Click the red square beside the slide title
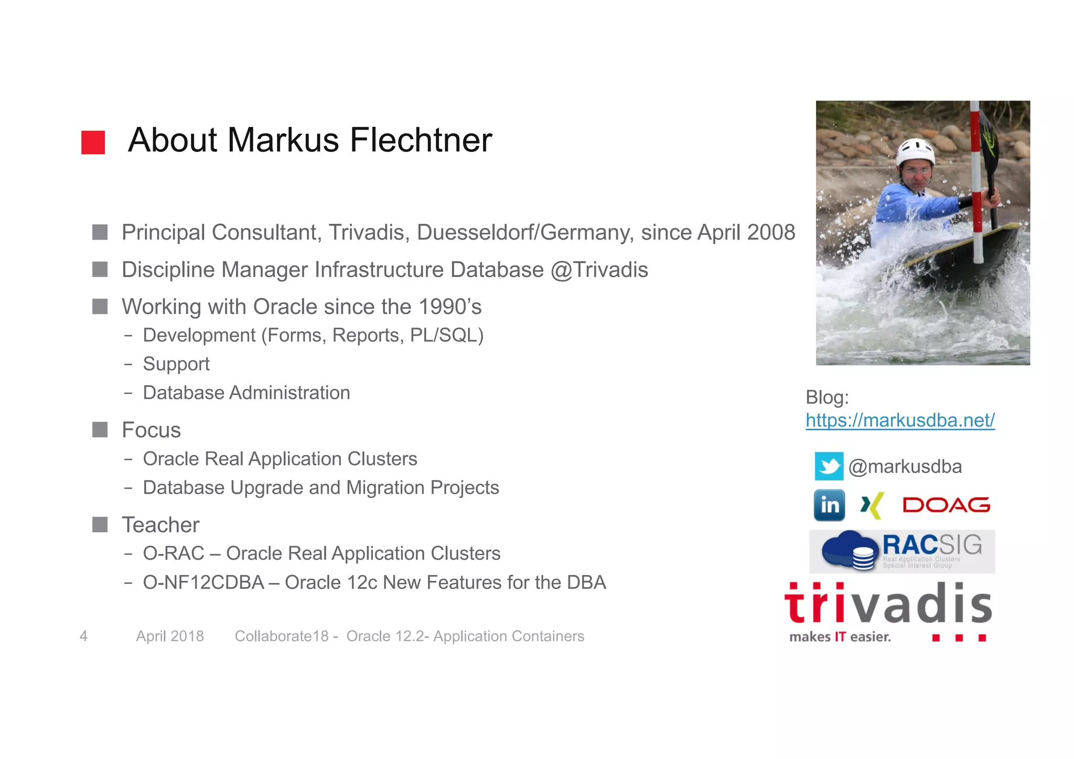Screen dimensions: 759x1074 click(93, 142)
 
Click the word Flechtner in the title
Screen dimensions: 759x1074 click(421, 140)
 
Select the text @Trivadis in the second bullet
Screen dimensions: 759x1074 click(599, 270)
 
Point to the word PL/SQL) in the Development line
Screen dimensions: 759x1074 click(447, 335)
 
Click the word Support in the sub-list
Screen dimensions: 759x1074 click(176, 364)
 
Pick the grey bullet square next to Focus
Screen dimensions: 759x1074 click(100, 430)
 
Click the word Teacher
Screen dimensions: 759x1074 click(160, 525)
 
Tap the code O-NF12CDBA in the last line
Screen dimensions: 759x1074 click(203, 582)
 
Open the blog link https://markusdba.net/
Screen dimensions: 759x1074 click(900, 420)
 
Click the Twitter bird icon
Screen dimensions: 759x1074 click(829, 466)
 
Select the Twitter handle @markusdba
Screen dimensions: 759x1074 click(905, 467)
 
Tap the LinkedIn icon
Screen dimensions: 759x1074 click(829, 505)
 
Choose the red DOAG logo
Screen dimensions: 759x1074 click(946, 505)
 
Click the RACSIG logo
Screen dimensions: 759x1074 click(902, 551)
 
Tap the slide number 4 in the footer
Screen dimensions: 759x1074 click(83, 636)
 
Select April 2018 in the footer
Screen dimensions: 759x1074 click(170, 636)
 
